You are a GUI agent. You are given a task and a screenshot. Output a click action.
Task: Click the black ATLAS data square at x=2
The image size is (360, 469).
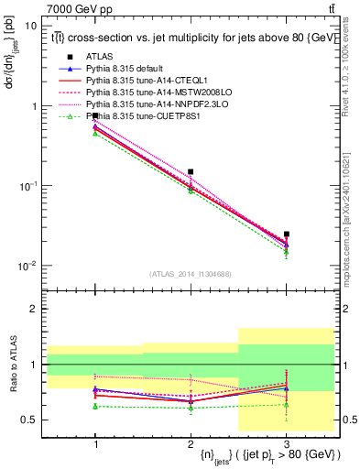click(x=191, y=171)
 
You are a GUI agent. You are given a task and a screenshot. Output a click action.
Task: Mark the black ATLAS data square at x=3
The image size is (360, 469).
click(x=286, y=234)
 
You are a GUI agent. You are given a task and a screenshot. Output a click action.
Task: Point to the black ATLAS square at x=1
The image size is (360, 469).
click(x=95, y=116)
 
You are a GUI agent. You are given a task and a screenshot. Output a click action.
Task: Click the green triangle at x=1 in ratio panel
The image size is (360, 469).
click(x=95, y=406)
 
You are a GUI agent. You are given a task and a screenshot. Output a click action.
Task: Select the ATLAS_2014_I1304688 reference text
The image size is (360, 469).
click(x=191, y=274)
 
